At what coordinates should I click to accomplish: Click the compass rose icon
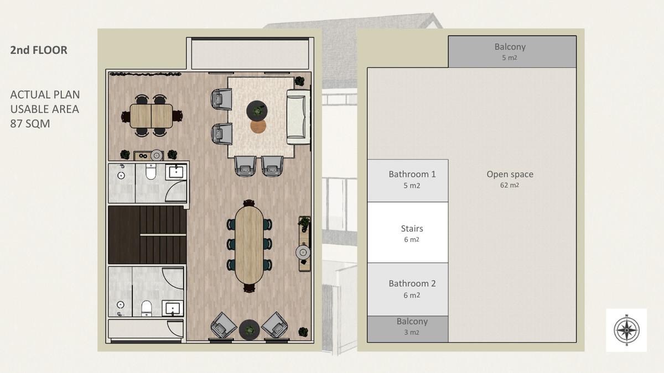[x=626, y=330]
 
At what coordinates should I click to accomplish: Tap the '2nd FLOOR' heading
[x=39, y=50]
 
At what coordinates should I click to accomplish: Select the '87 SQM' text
[x=30, y=123]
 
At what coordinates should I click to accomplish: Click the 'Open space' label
[x=510, y=174]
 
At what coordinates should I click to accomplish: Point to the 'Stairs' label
[x=412, y=229]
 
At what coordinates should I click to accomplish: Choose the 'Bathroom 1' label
[x=412, y=174]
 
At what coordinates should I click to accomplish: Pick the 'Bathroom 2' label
[x=412, y=283]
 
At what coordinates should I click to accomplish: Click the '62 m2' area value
[x=510, y=185]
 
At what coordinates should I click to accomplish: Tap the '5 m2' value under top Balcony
[x=510, y=57]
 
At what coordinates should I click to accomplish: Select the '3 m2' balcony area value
[x=412, y=333]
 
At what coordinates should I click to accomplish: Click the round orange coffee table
[x=258, y=127]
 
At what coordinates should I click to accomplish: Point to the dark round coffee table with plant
[x=257, y=111]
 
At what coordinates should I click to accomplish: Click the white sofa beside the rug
[x=298, y=117]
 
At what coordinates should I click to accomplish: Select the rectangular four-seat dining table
[x=151, y=115]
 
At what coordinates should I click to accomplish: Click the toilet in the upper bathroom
[x=151, y=172]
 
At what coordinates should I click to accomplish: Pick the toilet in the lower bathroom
[x=147, y=308]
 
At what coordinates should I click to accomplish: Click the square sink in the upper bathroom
[x=176, y=172]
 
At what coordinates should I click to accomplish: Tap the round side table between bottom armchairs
[x=250, y=330]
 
